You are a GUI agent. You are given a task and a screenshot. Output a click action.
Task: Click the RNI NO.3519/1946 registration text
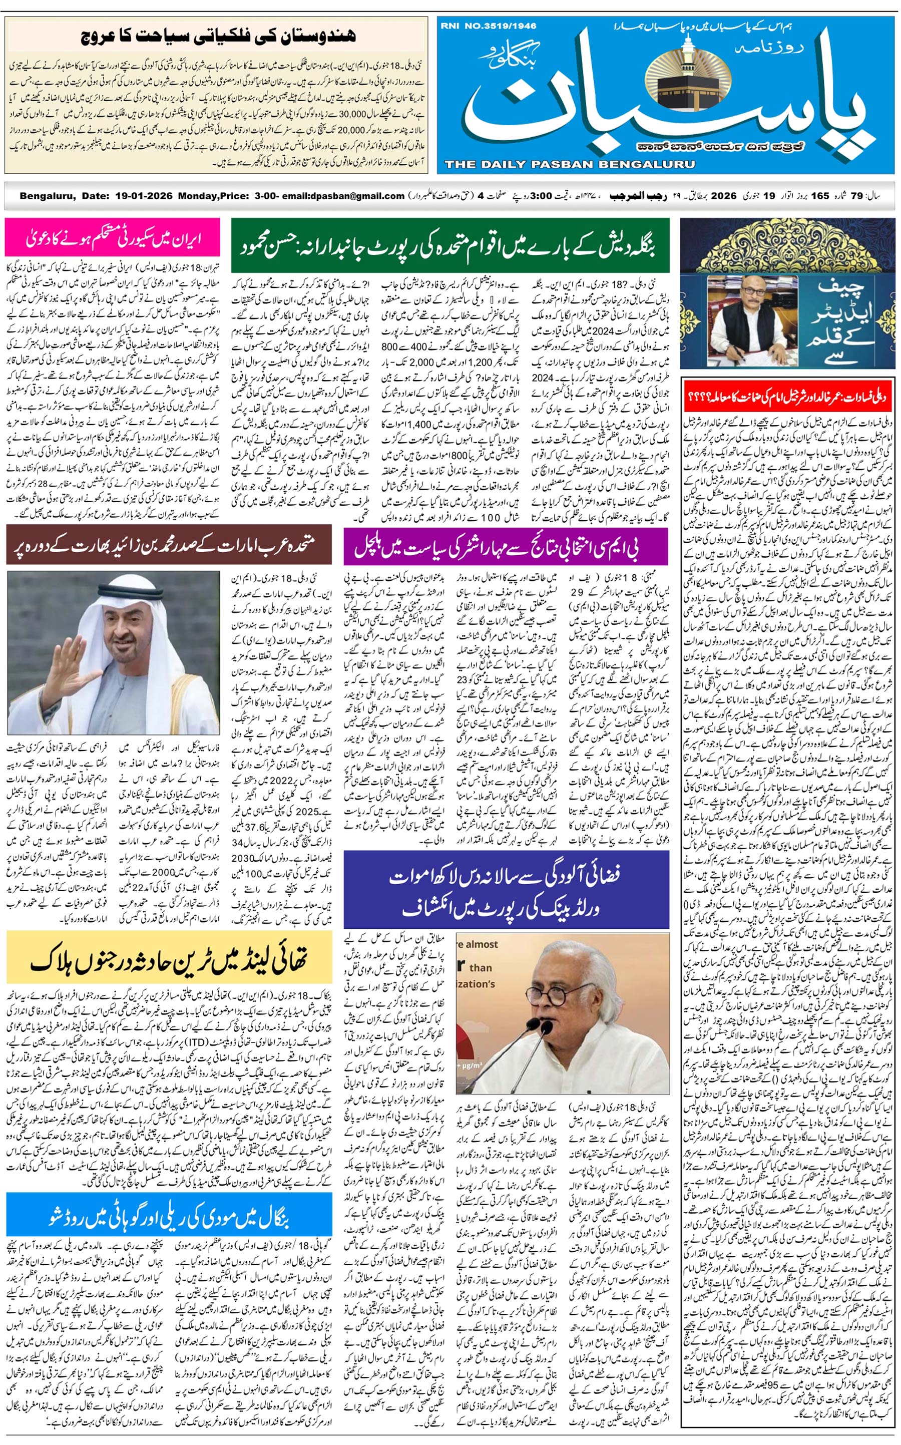[x=489, y=26]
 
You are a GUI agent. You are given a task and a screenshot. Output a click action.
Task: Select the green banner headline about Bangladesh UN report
[x=449, y=245]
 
